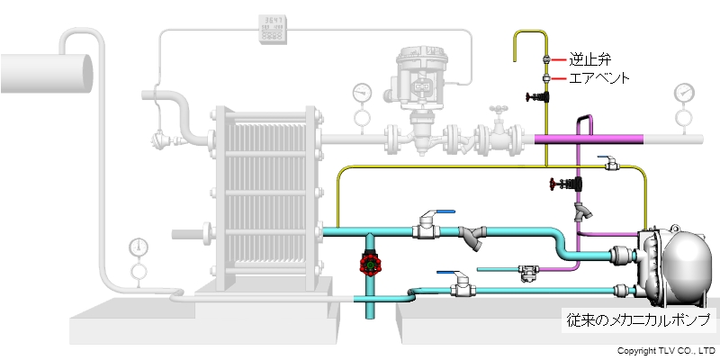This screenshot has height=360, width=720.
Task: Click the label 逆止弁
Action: click(x=589, y=59)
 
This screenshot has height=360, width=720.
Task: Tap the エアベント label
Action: click(x=598, y=78)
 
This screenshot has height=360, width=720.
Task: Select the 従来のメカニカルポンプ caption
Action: click(x=639, y=319)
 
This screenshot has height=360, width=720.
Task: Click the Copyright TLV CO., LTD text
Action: click(x=665, y=349)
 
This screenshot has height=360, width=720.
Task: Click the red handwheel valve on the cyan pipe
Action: click(x=368, y=265)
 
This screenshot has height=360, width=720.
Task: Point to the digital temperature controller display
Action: click(x=273, y=29)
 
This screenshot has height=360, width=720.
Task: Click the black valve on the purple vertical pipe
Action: click(x=565, y=186)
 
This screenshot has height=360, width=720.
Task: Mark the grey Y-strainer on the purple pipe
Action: click(x=586, y=212)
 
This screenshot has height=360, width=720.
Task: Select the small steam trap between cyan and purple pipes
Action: click(x=527, y=273)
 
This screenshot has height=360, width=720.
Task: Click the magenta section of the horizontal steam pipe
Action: click(x=589, y=139)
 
